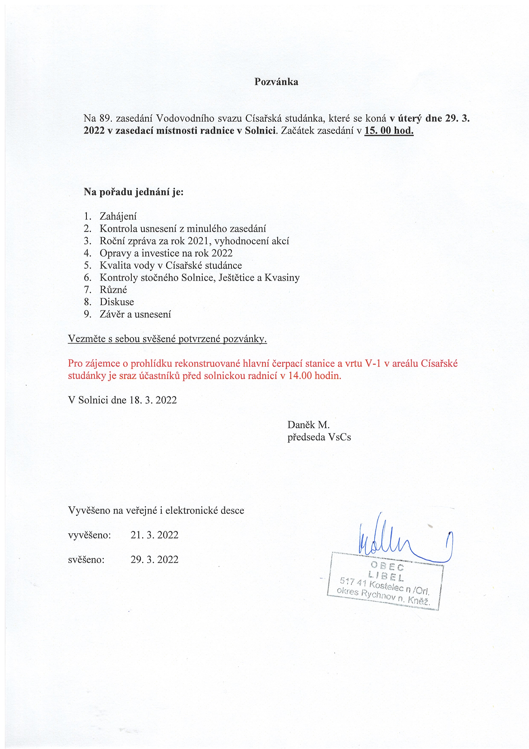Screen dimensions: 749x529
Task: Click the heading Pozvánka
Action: coord(276,82)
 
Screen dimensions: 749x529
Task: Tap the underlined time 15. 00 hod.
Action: coord(389,131)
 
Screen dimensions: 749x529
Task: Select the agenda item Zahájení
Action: coord(118,216)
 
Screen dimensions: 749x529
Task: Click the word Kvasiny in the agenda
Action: coord(282,278)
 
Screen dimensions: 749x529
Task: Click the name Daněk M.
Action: coord(308,425)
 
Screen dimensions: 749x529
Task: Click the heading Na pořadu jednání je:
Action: coord(134,192)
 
